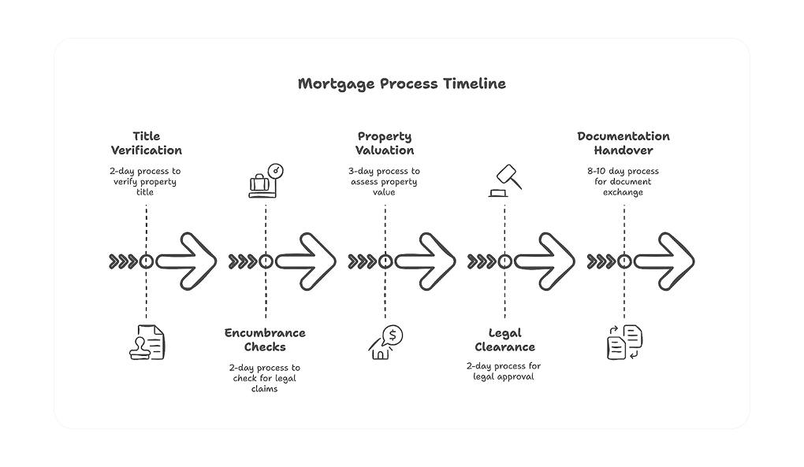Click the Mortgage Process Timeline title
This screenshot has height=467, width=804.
click(401, 84)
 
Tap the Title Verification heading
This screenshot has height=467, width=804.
click(146, 143)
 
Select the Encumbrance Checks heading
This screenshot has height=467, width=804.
click(265, 340)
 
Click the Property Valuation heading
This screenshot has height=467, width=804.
click(385, 143)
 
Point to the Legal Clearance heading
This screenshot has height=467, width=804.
click(504, 340)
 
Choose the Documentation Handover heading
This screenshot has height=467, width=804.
click(623, 143)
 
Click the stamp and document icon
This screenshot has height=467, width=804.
click(147, 342)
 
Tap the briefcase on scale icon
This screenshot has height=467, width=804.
click(266, 181)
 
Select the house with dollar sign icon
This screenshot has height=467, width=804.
click(385, 342)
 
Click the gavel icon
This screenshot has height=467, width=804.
click(505, 181)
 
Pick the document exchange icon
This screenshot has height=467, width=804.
click(624, 342)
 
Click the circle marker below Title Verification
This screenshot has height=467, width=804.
click(146, 261)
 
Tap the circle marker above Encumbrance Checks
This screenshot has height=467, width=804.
click(266, 261)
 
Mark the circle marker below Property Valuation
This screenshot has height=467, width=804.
click(385, 261)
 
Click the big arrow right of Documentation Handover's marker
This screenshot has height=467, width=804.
click(664, 261)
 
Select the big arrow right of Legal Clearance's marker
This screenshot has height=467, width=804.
click(545, 261)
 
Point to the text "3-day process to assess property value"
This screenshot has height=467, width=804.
click(384, 182)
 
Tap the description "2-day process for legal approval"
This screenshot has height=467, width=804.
click(504, 371)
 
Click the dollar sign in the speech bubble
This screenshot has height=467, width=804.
click(393, 335)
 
